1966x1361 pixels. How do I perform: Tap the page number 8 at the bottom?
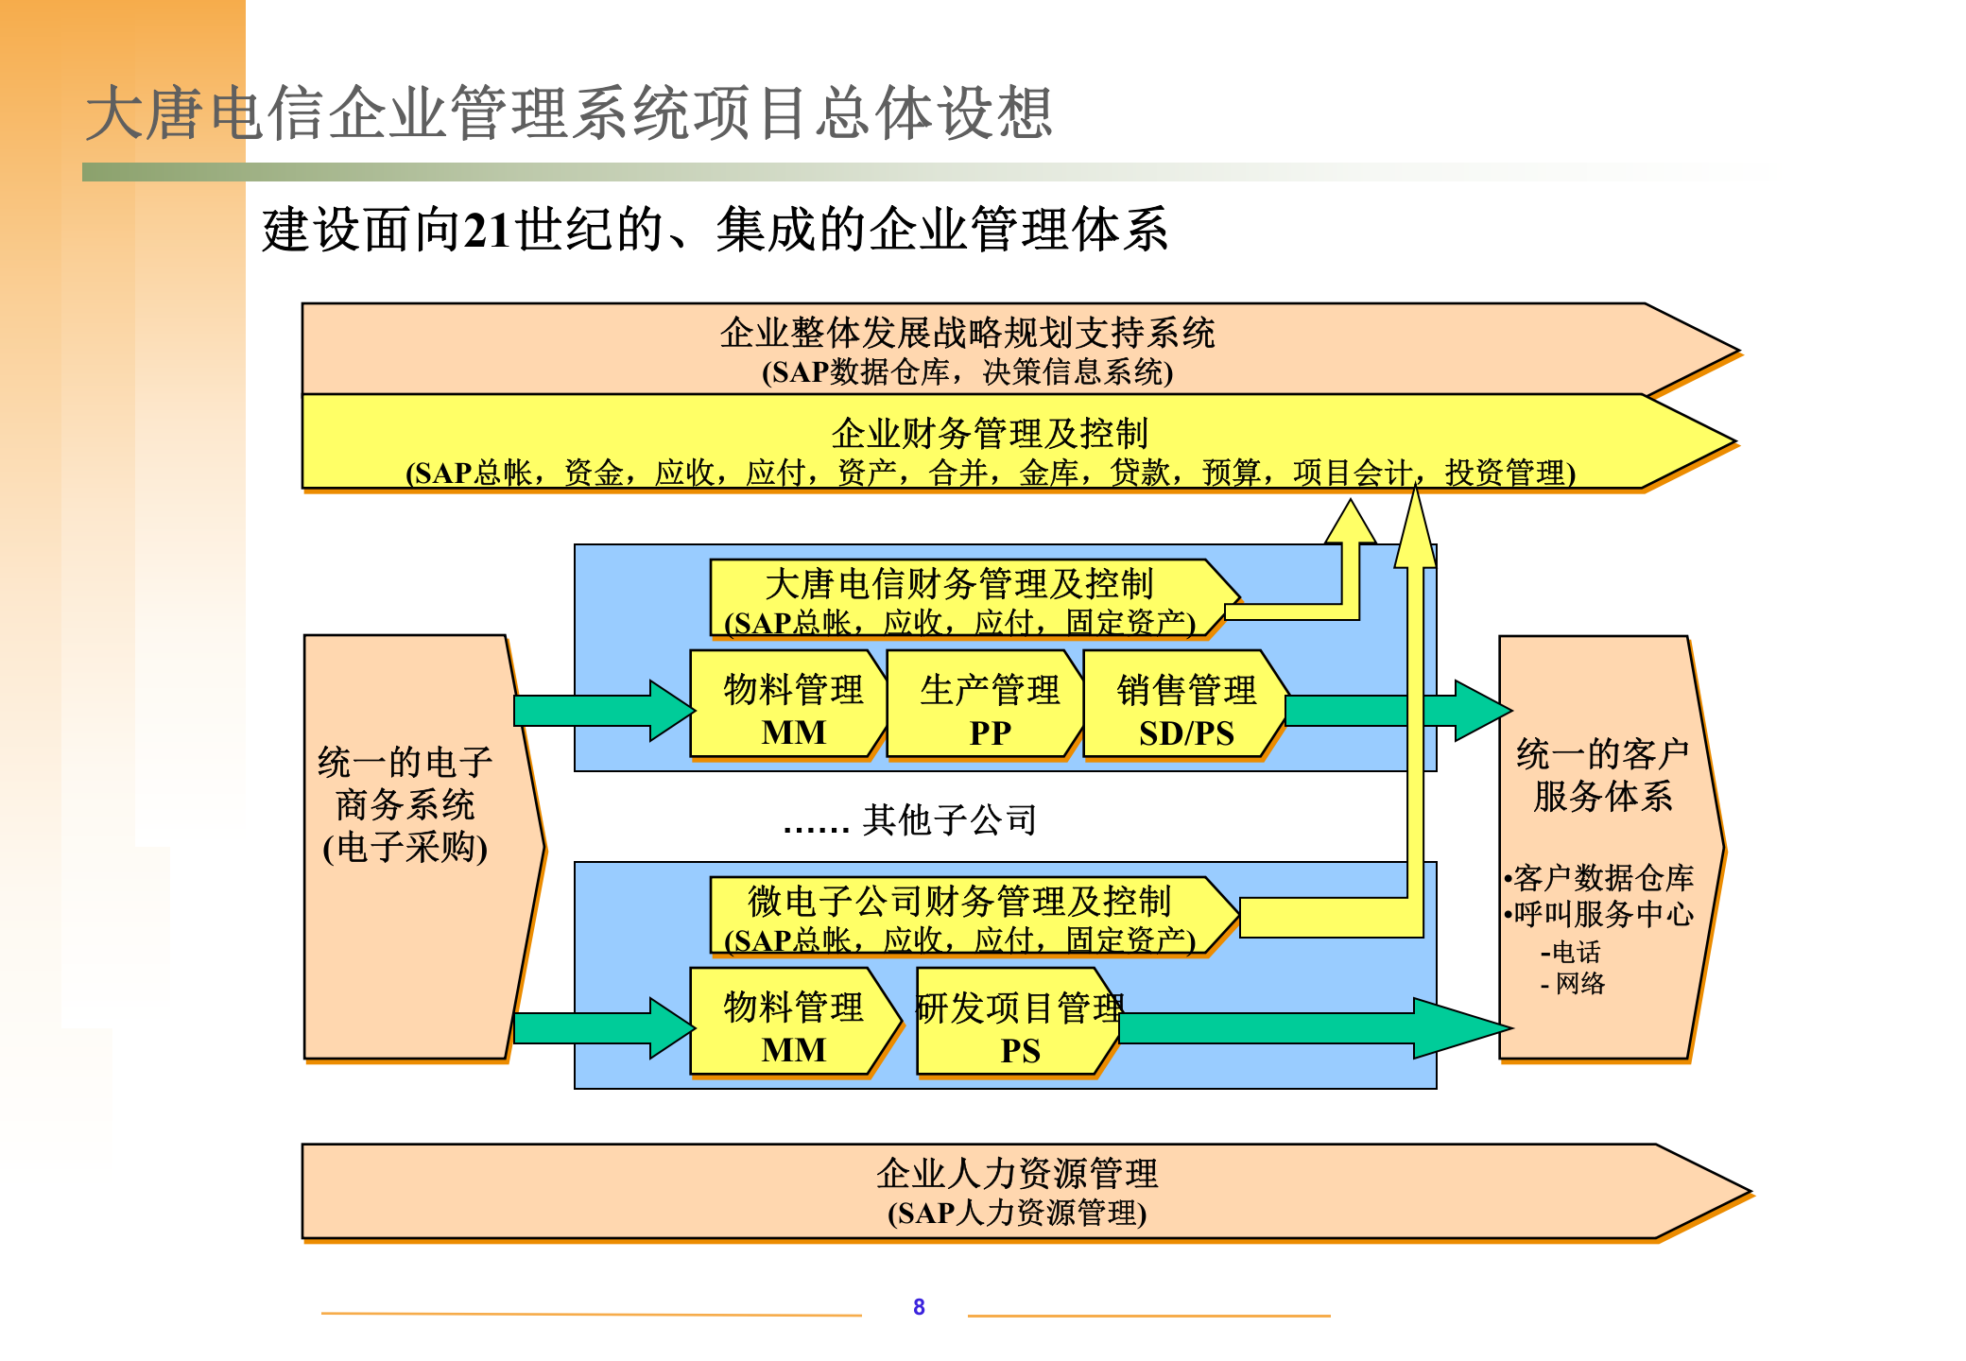(x=919, y=1306)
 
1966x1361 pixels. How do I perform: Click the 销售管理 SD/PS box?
(x=1185, y=709)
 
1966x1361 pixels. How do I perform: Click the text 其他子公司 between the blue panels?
(x=949, y=819)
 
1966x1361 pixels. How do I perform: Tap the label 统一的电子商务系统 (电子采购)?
(x=405, y=803)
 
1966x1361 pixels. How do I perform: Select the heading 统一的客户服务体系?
(x=1603, y=775)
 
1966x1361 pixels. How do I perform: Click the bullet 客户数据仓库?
(x=1603, y=878)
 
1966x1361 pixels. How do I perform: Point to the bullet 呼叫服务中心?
(x=1603, y=914)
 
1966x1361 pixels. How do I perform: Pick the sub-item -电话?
(x=1571, y=952)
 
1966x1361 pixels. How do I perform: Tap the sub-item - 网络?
(x=1573, y=984)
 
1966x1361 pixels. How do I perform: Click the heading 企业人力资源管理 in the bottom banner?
(x=1017, y=1173)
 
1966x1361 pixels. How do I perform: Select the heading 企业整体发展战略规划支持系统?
(x=967, y=333)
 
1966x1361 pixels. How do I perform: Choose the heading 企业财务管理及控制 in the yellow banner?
(x=990, y=433)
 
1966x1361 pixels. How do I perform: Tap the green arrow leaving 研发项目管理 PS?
(x=1314, y=1027)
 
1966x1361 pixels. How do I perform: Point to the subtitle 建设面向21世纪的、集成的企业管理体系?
(x=715, y=230)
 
